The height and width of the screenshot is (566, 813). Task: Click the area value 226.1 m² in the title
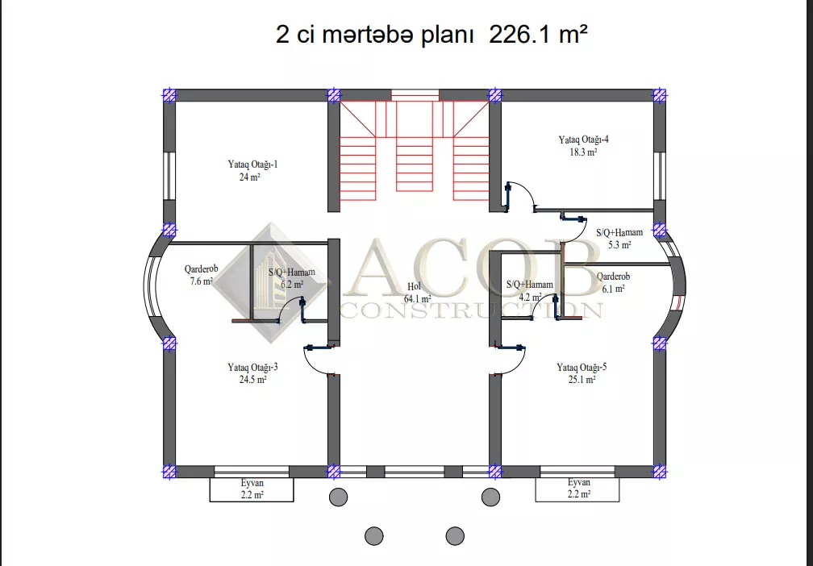pyautogui.click(x=538, y=35)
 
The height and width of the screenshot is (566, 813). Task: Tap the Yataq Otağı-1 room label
pyautogui.click(x=252, y=171)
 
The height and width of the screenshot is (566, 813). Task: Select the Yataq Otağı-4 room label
pyautogui.click(x=583, y=146)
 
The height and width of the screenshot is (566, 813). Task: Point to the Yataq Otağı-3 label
pyautogui.click(x=252, y=373)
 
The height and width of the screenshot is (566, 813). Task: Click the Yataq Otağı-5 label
pyautogui.click(x=582, y=373)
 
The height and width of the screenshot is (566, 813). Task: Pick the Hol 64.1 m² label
pyautogui.click(x=418, y=293)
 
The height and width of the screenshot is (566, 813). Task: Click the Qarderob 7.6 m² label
pyautogui.click(x=201, y=275)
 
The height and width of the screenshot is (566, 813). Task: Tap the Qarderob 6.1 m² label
pyautogui.click(x=613, y=282)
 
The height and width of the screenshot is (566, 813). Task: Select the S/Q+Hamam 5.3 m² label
pyautogui.click(x=619, y=239)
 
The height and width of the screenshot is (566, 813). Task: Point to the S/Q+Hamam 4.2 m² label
pyautogui.click(x=529, y=290)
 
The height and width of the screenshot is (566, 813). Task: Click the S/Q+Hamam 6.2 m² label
pyautogui.click(x=291, y=278)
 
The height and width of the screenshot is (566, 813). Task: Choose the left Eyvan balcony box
pyautogui.click(x=252, y=489)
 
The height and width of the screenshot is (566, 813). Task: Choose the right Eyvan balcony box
pyautogui.click(x=577, y=489)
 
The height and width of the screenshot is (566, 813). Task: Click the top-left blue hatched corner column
pyautogui.click(x=169, y=95)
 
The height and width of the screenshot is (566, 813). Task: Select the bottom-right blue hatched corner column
pyautogui.click(x=660, y=472)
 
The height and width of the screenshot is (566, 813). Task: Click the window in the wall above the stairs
pyautogui.click(x=415, y=95)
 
